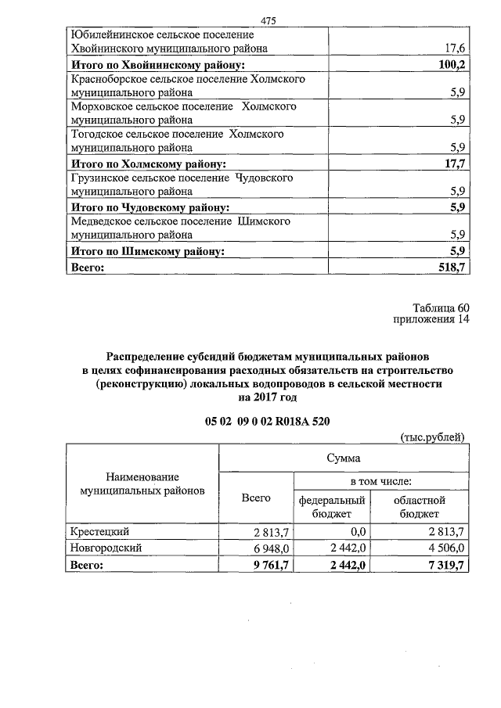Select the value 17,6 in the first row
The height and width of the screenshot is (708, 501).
453,49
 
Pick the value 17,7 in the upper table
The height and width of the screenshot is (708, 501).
453,164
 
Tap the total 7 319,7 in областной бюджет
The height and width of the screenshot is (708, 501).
445,564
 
